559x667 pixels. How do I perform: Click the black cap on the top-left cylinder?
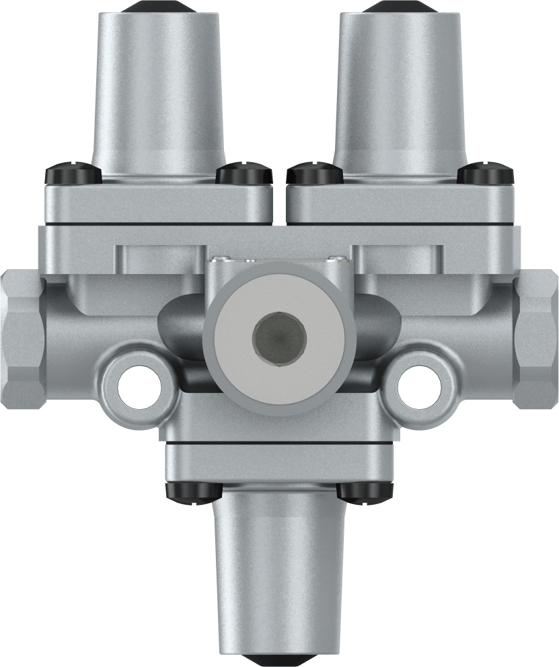158,6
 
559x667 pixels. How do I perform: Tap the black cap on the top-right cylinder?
402,6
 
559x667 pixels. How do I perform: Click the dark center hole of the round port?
279,335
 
